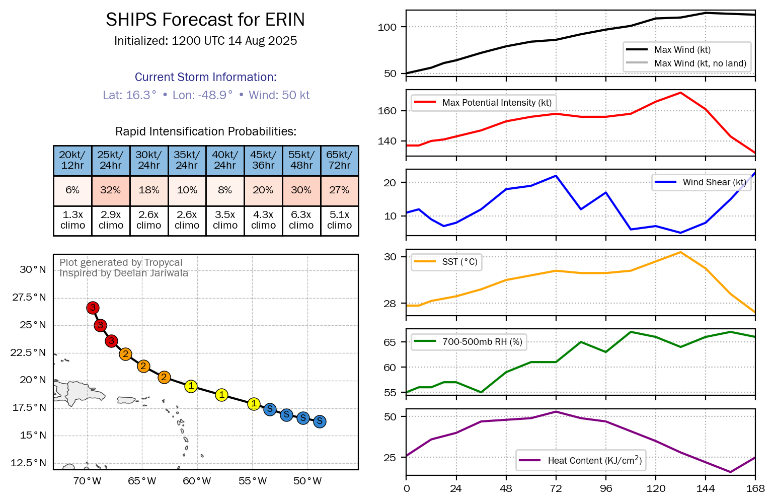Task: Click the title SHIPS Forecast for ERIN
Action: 205,20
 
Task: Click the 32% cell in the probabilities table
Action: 111,190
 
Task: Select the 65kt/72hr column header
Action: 339,160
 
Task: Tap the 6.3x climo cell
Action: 301,221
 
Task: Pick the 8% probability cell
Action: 225,190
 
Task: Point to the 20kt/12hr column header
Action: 72,160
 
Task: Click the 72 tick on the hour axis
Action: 556,488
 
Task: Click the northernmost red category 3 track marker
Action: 93,308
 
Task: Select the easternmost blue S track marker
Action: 320,421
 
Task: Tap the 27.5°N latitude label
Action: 29,297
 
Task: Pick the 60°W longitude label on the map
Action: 197,481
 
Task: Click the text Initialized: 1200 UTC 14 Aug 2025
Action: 205,41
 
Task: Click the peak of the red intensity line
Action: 680,93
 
